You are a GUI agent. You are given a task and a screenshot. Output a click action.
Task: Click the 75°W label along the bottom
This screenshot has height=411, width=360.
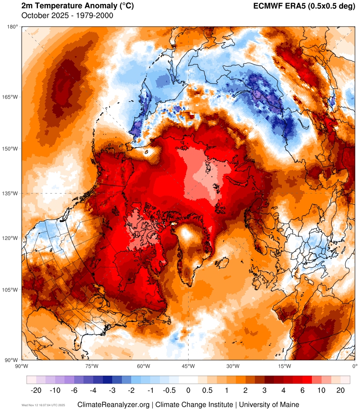coord(91,366)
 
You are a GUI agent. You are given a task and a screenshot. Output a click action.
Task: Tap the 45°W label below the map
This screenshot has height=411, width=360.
coord(188,366)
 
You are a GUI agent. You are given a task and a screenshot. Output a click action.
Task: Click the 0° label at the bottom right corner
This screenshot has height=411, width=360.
coord(354,366)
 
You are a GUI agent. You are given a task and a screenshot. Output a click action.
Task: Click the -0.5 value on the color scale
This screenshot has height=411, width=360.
coord(169,391)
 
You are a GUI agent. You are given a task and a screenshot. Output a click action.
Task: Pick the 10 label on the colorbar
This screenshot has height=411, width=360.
coord(322,391)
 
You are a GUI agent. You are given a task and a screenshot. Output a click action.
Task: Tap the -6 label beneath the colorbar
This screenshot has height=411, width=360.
coord(74,391)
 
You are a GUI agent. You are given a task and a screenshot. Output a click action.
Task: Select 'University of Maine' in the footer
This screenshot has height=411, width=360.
coord(269,404)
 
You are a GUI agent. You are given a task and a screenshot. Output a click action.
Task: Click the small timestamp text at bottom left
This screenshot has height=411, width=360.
coord(43,405)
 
